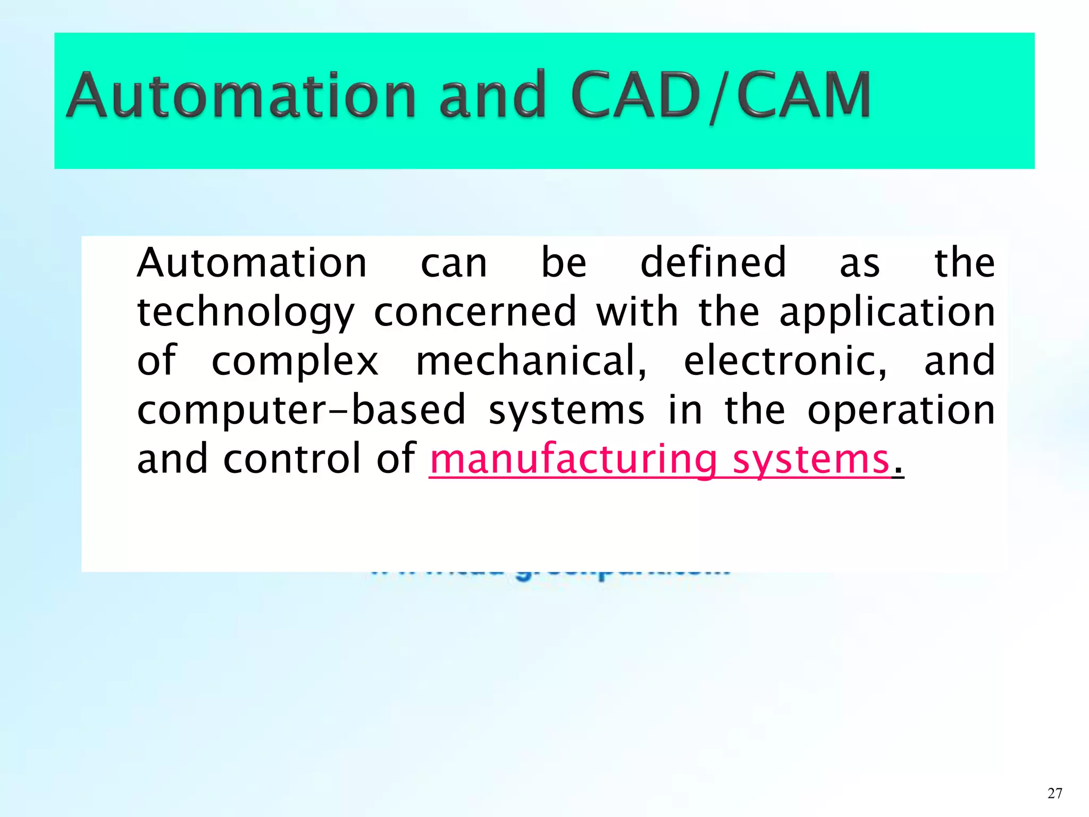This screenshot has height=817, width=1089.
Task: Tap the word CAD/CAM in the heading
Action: coord(721,96)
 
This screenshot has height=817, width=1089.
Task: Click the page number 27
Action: coord(1054,793)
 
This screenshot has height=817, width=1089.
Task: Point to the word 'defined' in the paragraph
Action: coord(713,263)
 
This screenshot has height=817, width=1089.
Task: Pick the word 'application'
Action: coord(887,313)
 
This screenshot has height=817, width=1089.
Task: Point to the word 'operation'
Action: coord(901,411)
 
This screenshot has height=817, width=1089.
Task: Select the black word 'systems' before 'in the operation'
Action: coord(566,411)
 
